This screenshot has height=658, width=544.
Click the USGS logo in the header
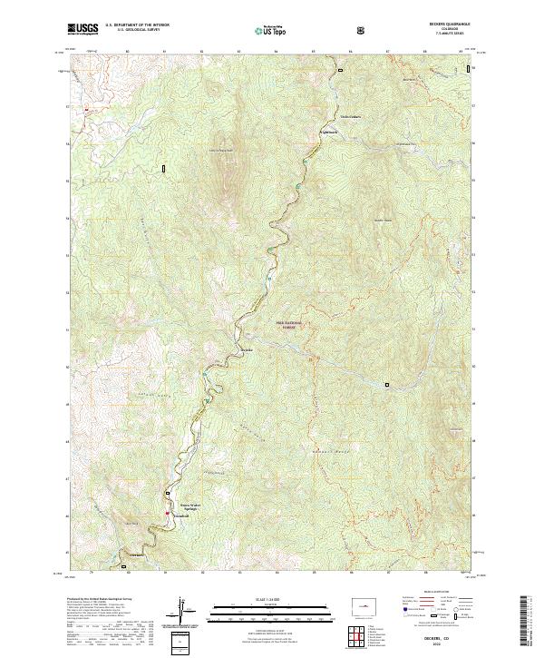tap(83, 29)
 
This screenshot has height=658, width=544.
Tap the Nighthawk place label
tap(325, 133)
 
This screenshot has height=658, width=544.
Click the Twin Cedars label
tap(350, 117)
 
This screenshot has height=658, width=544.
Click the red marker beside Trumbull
tap(168, 514)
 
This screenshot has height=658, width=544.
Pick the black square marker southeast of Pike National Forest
tap(386, 384)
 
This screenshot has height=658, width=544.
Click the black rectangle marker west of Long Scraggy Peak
tap(164, 168)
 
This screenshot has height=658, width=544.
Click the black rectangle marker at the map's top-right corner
tap(469, 69)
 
